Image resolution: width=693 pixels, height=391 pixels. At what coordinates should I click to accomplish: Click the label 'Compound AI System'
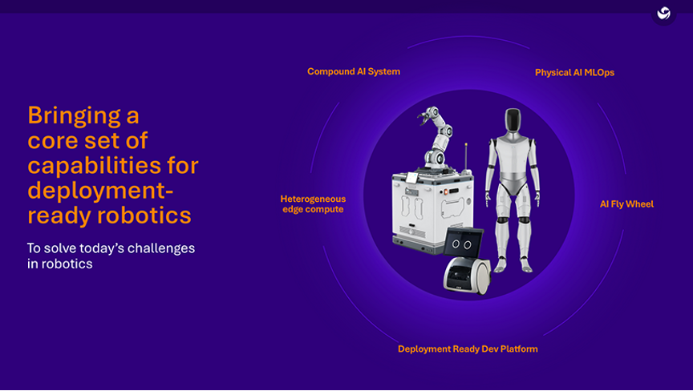pos(353,71)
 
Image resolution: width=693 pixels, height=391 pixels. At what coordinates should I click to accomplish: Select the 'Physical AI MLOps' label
pos(574,73)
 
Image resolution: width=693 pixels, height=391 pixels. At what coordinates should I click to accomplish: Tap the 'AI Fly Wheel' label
pos(626,204)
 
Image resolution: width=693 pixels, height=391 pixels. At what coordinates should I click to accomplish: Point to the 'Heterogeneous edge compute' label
pos(313,204)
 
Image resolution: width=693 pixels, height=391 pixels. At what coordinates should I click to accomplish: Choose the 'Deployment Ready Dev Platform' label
pos(468,349)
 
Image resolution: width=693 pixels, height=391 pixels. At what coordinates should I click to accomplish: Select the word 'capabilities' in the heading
pos(112,166)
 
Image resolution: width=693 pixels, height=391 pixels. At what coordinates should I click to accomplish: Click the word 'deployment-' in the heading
pos(100,191)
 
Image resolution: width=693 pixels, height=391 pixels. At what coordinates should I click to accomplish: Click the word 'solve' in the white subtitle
pos(62,248)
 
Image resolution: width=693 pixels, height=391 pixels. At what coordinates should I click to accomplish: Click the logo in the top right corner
pos(663,14)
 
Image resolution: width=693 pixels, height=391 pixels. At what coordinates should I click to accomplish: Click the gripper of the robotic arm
pos(420,119)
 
